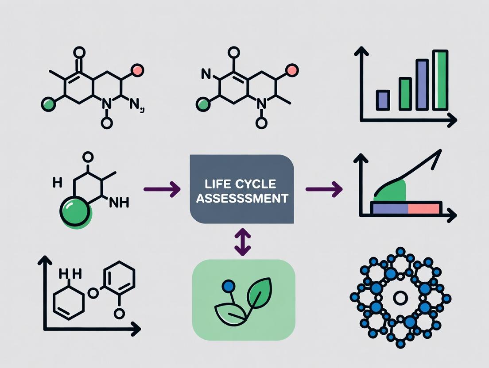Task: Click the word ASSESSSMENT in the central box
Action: tap(242, 198)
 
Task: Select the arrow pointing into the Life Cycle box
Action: tap(162, 190)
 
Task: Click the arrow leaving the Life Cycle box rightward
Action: tap(324, 190)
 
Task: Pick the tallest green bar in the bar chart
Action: tap(440, 80)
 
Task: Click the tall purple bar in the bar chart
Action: tap(422, 84)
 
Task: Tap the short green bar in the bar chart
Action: tap(405, 93)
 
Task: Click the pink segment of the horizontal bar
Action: tap(424, 207)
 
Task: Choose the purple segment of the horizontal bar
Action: tap(389, 207)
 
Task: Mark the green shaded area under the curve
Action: tap(392, 190)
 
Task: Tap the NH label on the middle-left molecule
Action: tap(119, 203)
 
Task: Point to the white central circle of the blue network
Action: tap(400, 299)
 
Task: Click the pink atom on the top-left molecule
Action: tap(137, 69)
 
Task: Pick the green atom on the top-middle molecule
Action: tap(202, 105)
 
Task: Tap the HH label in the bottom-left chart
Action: tap(71, 275)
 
